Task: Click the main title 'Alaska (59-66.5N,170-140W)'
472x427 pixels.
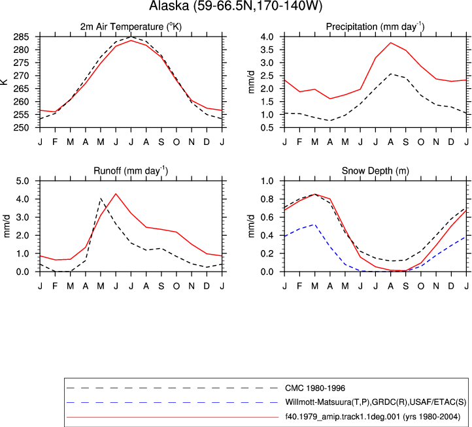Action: tap(236, 5)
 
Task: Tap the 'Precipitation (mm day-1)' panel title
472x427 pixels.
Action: tap(375, 27)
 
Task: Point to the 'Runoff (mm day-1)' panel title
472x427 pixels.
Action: tap(131, 170)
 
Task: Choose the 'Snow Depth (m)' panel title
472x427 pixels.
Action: tap(375, 171)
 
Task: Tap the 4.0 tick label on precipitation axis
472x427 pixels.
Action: tap(267, 37)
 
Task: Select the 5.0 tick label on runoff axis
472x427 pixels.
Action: tap(23, 181)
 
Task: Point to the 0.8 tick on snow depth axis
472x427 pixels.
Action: tap(267, 199)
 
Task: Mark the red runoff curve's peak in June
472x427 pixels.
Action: tap(116, 194)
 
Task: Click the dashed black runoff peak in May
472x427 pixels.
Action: tap(101, 198)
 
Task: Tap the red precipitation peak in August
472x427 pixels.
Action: tap(390, 42)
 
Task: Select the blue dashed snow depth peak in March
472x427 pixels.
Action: tap(315, 225)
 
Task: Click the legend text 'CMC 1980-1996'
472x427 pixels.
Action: tap(315, 388)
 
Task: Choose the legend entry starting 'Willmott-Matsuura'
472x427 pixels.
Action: tap(375, 402)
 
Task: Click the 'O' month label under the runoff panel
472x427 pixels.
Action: tap(177, 286)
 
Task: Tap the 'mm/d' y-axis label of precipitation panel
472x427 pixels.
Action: tap(251, 82)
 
